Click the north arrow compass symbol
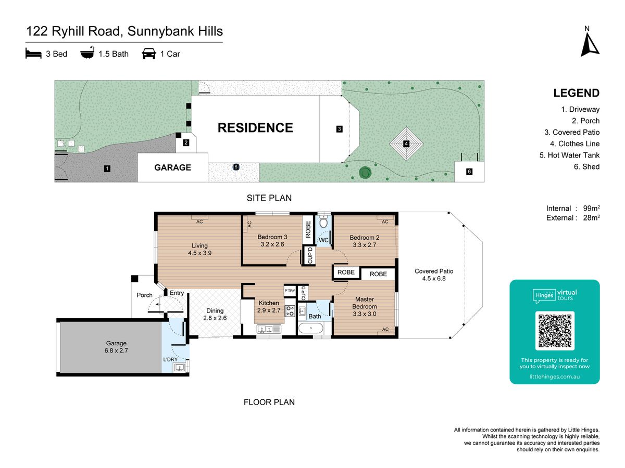pos(590,45)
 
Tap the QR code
pos(555,331)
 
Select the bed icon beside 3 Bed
pos(33,54)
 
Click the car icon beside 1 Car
pos(149,54)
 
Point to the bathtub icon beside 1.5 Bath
pos(87,53)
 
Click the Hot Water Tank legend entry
pos(569,155)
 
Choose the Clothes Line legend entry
pos(574,144)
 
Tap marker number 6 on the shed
pos(469,172)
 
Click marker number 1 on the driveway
pos(107,168)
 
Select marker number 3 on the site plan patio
pos(339,129)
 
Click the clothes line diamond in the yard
pos(406,144)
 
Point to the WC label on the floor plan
pos(323,240)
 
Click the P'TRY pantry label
pos(290,291)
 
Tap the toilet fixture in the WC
pos(323,222)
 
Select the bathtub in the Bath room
pos(310,328)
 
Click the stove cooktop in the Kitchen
pos(290,310)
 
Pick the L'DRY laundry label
pos(170,359)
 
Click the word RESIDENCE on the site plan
pos(255,128)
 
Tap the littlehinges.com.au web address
pos(555,377)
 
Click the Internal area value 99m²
pos(591,208)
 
